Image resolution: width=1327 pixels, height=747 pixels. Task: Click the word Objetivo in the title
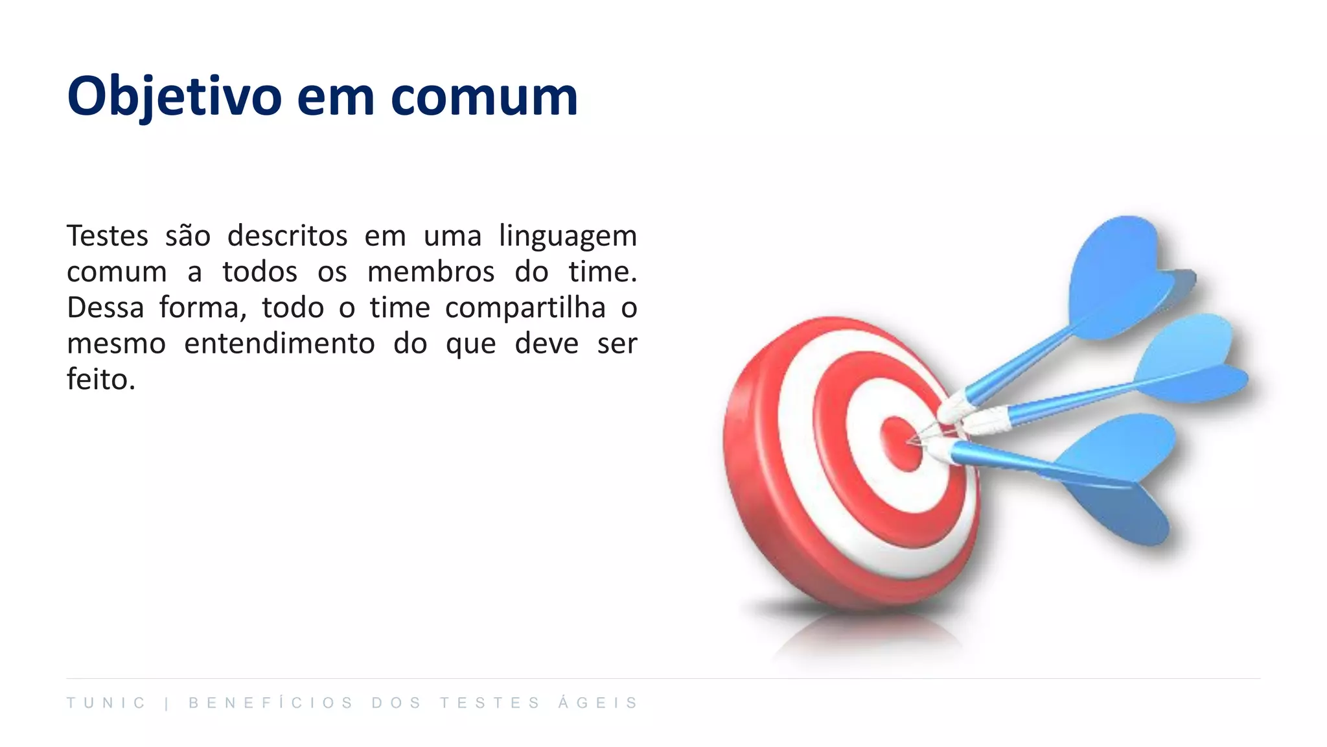click(174, 97)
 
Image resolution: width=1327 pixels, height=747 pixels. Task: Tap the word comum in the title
click(484, 97)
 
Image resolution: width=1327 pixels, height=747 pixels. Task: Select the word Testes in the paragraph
click(108, 235)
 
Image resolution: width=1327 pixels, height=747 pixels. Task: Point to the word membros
click(431, 272)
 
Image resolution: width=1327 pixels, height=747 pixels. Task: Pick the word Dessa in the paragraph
click(106, 307)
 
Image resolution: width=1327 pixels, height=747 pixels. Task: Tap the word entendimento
click(279, 344)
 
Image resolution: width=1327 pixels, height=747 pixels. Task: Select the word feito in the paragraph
click(97, 379)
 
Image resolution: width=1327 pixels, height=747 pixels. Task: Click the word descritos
click(288, 235)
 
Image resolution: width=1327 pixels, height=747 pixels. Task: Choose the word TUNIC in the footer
click(106, 703)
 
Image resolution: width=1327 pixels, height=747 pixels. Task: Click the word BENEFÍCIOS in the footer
click(271, 703)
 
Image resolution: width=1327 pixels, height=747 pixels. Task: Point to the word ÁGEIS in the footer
click(598, 703)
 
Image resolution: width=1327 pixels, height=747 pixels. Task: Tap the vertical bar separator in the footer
click(167, 704)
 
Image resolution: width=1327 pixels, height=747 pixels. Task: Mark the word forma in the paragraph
click(203, 307)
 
